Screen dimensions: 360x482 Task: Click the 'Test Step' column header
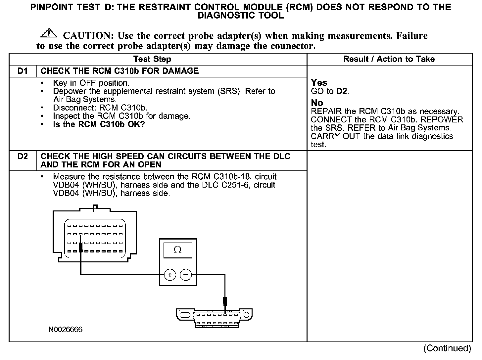[152, 59]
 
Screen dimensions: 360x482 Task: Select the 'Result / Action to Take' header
[389, 59]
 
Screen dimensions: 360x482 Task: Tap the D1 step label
[23, 71]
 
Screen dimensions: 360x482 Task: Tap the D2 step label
[23, 156]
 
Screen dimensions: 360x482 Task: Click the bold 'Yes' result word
[319, 83]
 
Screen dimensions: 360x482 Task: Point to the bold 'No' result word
[317, 103]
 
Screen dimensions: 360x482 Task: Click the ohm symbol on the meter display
[177, 250]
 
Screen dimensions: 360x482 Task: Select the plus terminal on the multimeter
[170, 275]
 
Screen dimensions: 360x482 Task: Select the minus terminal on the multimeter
[186, 275]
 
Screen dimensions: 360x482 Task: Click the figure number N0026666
[65, 330]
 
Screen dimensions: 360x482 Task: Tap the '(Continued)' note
[447, 348]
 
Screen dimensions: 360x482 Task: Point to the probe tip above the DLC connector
[225, 302]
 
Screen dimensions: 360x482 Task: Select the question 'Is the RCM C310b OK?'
[99, 125]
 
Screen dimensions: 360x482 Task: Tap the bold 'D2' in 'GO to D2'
[342, 91]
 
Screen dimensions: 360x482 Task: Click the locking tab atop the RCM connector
[95, 208]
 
